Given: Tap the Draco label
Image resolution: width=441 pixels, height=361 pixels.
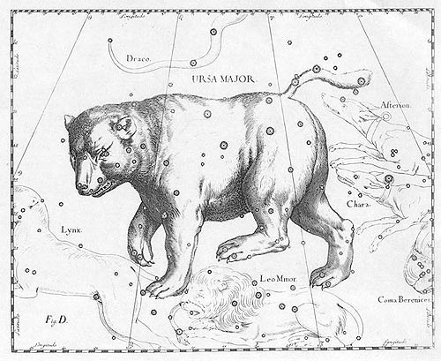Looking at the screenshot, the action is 138,58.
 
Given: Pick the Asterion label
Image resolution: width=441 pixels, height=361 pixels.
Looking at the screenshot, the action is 395,105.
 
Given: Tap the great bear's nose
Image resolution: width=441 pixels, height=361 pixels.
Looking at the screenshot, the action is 83,186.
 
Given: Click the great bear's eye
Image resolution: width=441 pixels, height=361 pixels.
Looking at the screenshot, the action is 104,153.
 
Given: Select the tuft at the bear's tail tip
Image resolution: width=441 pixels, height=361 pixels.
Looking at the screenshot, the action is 357,81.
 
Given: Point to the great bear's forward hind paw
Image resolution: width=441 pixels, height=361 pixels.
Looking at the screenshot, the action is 231,252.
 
